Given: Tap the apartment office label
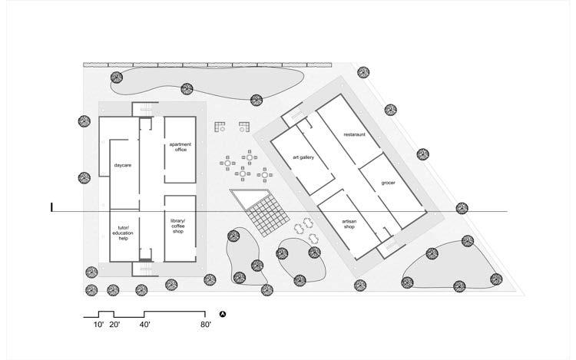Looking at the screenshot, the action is click(180, 147).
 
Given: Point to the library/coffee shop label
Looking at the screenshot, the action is click(178, 226).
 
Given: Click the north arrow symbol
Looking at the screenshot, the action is click(223, 315).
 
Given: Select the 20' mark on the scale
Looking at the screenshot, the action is click(114, 325).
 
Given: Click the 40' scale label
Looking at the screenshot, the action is click(145, 325).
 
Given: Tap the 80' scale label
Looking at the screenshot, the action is click(204, 325).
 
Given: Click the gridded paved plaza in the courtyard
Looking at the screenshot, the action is click(266, 213).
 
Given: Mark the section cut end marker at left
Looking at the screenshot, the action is click(51, 207).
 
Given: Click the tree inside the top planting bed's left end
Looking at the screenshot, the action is click(116, 77).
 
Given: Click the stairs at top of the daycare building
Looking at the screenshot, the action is click(141, 109).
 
